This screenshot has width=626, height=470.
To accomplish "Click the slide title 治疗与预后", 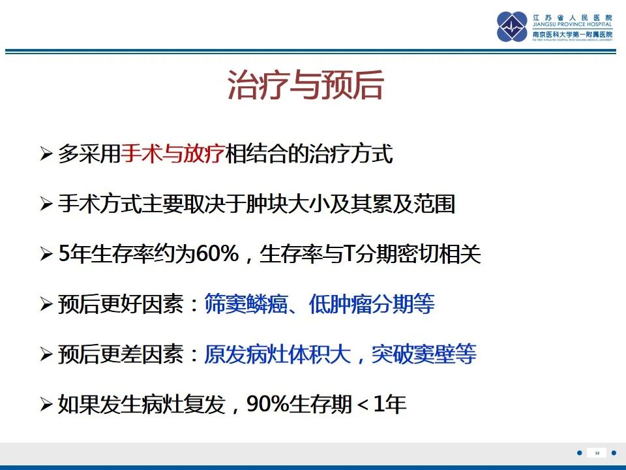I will point(305,86).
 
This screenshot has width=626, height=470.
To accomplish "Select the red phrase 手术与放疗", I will point(173,154).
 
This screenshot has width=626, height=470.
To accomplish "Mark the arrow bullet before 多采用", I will point(46,155).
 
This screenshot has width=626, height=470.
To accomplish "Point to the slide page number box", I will point(596,453).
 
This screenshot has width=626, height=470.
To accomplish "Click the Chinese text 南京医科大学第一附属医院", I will point(573,34).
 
